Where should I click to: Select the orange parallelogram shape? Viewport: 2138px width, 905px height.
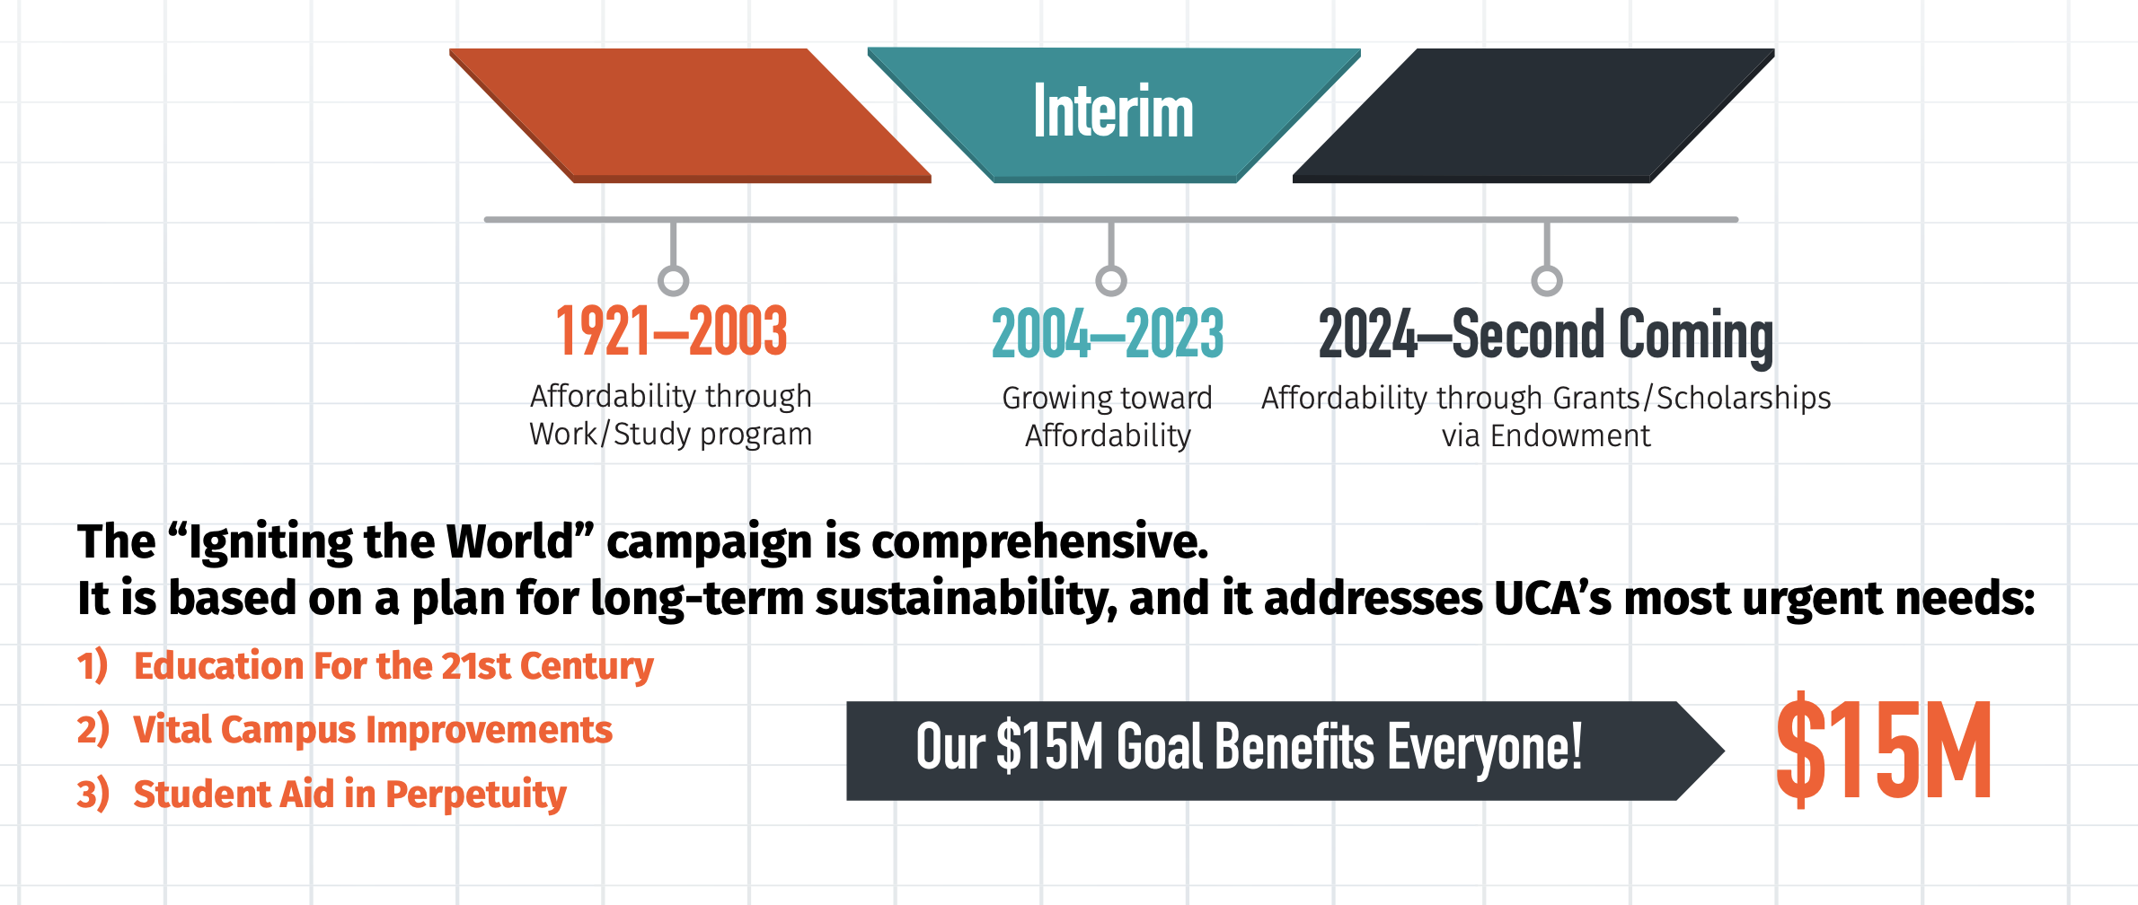tap(690, 116)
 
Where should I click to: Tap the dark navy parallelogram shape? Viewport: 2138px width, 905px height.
tap(1533, 116)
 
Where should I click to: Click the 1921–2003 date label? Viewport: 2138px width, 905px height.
tap(672, 330)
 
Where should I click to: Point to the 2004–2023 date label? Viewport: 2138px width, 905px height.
tap(1108, 333)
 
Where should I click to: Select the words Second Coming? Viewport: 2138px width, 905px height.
tap(1613, 336)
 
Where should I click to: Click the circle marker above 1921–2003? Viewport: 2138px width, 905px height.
tap(673, 280)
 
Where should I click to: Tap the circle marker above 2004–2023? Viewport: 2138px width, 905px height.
tap(1111, 280)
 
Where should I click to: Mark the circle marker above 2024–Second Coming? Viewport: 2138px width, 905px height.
tap(1546, 280)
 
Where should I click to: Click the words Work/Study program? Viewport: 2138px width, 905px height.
tap(671, 434)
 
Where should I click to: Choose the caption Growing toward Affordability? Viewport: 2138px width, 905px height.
tap(1108, 417)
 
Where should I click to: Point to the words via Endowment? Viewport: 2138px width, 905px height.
tap(1546, 435)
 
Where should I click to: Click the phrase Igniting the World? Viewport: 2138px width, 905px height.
tap(381, 541)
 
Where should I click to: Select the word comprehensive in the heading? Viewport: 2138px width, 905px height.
tap(1040, 541)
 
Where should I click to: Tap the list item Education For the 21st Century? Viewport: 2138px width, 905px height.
tap(393, 666)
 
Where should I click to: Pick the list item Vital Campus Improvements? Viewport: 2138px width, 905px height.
tap(373, 730)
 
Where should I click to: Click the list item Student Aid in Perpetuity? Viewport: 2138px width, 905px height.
tap(350, 795)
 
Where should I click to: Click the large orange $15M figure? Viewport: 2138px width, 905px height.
tap(1884, 750)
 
